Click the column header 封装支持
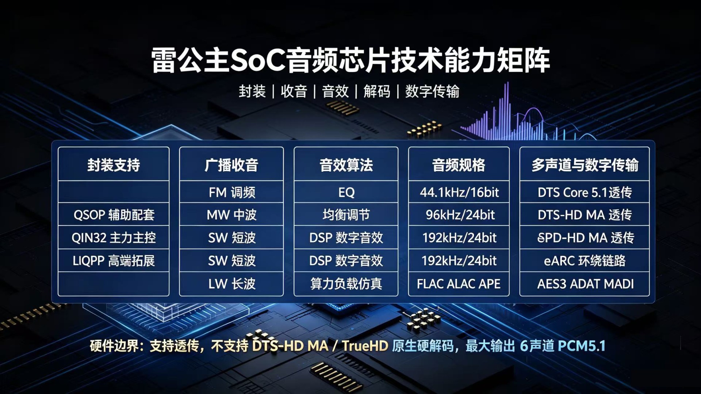tap(114, 165)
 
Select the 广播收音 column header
tap(231, 165)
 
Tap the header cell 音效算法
tap(346, 165)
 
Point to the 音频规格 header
tap(459, 165)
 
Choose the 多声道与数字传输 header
tap(585, 165)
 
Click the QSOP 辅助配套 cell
tap(114, 215)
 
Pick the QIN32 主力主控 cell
tap(114, 238)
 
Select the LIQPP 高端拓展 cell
tap(114, 261)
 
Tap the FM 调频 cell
tap(232, 192)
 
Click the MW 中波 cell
tap(231, 215)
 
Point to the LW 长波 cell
tap(232, 284)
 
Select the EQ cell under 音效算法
tap(346, 192)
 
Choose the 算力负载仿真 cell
tap(346, 284)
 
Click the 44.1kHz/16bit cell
tap(459, 192)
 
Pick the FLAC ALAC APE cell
tap(459, 284)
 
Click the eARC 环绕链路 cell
tap(585, 261)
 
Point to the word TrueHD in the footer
tap(365, 346)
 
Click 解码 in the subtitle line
tap(377, 91)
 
